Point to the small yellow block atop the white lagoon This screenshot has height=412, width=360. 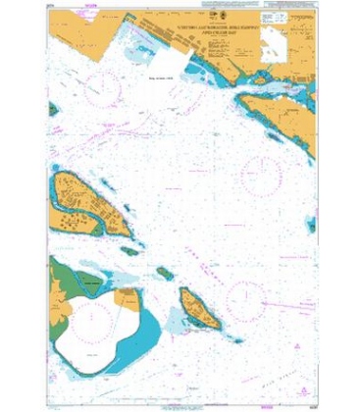[127, 294]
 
